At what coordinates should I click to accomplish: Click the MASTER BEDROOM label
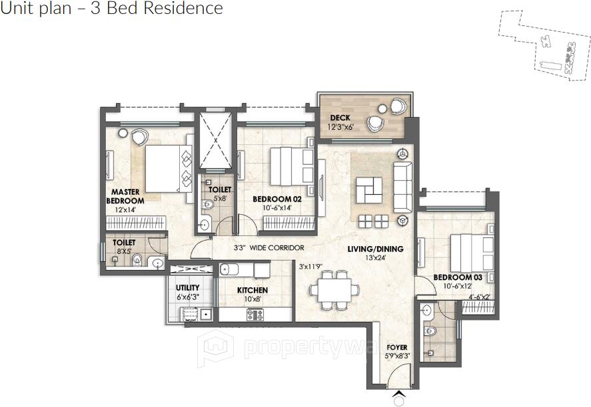pyautogui.click(x=125, y=196)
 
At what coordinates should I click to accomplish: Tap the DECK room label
pyautogui.click(x=340, y=118)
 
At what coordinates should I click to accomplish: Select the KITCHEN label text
pyautogui.click(x=253, y=291)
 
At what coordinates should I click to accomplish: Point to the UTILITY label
pyautogui.click(x=188, y=288)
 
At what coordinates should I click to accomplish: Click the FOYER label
pyautogui.click(x=397, y=348)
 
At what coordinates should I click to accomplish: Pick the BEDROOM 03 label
pyautogui.click(x=458, y=277)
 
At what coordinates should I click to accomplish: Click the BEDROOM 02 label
pyautogui.click(x=277, y=199)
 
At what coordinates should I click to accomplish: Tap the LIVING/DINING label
pyautogui.click(x=375, y=249)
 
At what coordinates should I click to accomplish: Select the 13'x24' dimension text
pyautogui.click(x=375, y=258)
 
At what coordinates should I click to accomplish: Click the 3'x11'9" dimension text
pyautogui.click(x=310, y=267)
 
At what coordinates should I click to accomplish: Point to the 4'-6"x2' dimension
pyautogui.click(x=479, y=297)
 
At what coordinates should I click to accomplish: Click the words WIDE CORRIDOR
pyautogui.click(x=277, y=248)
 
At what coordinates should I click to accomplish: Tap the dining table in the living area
pyautogui.click(x=334, y=290)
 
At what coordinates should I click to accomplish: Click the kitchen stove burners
pyautogui.click(x=255, y=315)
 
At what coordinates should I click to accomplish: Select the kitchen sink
pyautogui.click(x=229, y=270)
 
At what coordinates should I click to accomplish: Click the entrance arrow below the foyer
pyautogui.click(x=399, y=394)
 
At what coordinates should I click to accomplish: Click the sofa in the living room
pyautogui.click(x=403, y=187)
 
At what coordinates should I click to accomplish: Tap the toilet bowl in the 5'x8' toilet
pyautogui.click(x=208, y=205)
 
